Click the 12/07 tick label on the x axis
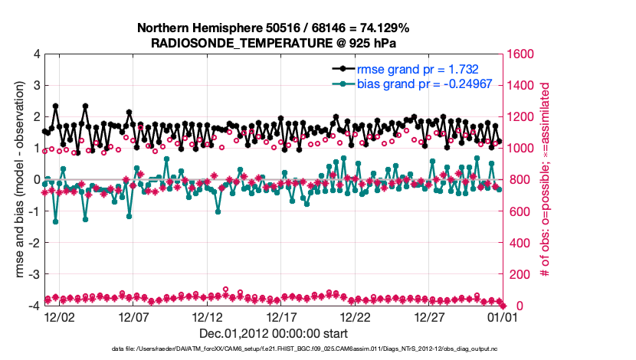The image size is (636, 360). [x=133, y=316]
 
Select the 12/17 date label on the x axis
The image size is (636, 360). [x=281, y=316]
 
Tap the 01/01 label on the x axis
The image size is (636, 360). [x=503, y=316]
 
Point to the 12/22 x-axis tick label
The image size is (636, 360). [x=356, y=316]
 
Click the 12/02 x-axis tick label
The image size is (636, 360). [x=59, y=316]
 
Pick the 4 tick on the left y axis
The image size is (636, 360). [x=36, y=54]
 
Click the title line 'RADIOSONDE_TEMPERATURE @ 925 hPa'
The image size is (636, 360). [x=273, y=43]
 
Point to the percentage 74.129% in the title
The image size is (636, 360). [x=381, y=28]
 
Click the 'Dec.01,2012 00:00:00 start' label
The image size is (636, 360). [x=273, y=333]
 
